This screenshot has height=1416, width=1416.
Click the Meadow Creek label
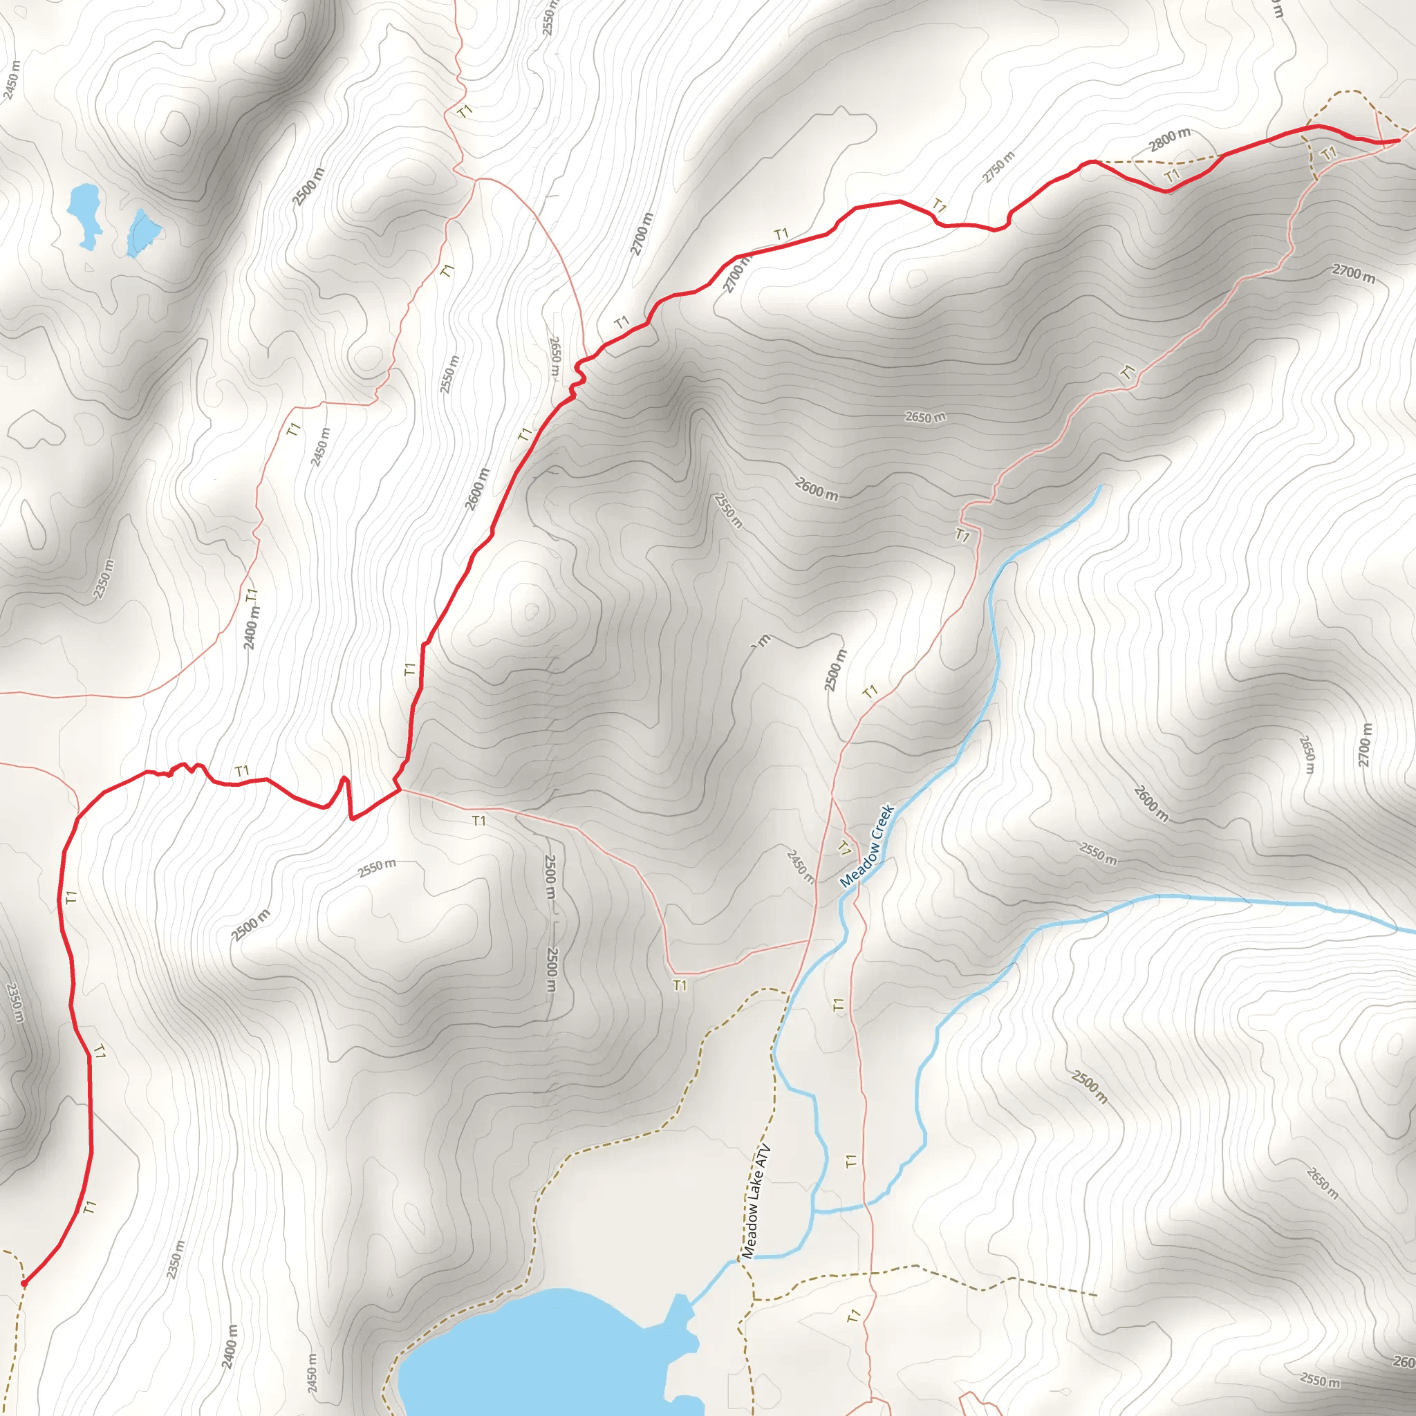pyautogui.click(x=867, y=846)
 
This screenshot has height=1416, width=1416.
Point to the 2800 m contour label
pyautogui.click(x=1169, y=138)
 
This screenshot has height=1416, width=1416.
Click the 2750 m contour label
pyautogui.click(x=999, y=167)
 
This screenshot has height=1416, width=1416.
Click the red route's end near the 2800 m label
pyautogui.click(x=1399, y=139)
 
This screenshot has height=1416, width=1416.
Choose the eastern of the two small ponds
pyautogui.click(x=143, y=231)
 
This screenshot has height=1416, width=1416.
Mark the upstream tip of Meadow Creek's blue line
pyautogui.click(x=1100, y=486)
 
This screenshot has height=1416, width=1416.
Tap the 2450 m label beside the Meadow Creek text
pyautogui.click(x=800, y=866)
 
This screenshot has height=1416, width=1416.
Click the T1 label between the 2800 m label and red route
pyautogui.click(x=1173, y=174)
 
